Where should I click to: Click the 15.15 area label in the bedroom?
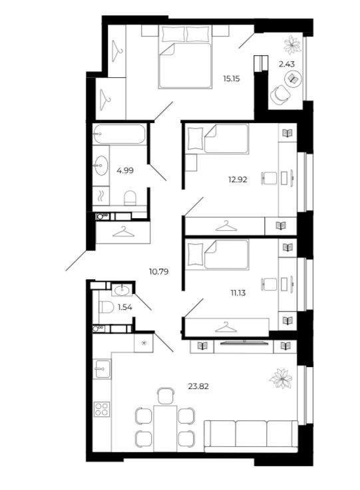(231, 78)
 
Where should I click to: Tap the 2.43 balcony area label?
(287, 64)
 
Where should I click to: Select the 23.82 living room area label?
(198, 386)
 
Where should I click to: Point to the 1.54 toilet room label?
(125, 308)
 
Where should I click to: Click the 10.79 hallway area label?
(159, 272)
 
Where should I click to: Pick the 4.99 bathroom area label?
(125, 171)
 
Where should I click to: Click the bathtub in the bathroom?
(119, 134)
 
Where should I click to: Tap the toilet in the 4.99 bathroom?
(130, 198)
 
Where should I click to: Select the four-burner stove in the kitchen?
(102, 409)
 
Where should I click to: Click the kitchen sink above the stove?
(102, 369)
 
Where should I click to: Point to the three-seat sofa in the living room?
(250, 436)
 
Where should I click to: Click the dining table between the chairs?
(165, 428)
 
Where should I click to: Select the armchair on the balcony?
(279, 94)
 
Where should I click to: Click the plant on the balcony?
(292, 45)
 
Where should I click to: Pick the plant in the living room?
(281, 378)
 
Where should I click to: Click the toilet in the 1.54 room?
(106, 307)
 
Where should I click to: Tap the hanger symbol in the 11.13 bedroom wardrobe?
(226, 327)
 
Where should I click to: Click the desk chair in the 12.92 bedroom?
(270, 178)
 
